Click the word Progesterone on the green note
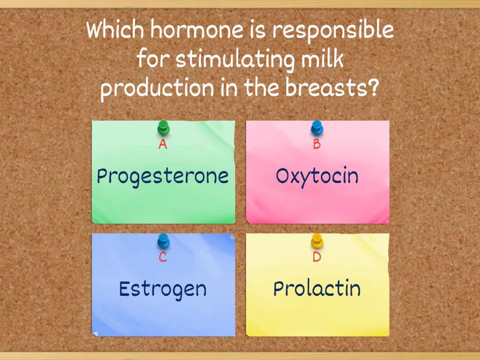pyautogui.click(x=163, y=176)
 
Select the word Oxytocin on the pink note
pyautogui.click(x=317, y=176)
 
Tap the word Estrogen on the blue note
pyautogui.click(x=163, y=289)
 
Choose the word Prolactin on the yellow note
pyautogui.click(x=317, y=289)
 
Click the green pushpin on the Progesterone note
pyautogui.click(x=163, y=128)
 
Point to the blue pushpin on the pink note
pyautogui.click(x=317, y=128)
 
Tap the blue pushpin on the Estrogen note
pyautogui.click(x=163, y=242)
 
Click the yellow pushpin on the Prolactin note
pyautogui.click(x=317, y=242)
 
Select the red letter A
pyautogui.click(x=163, y=145)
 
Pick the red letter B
pyautogui.click(x=317, y=145)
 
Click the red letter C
pyautogui.click(x=163, y=258)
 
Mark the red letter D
pyautogui.click(x=317, y=258)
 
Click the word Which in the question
pyautogui.click(x=113, y=30)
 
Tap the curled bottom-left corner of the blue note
pyautogui.click(x=95, y=332)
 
